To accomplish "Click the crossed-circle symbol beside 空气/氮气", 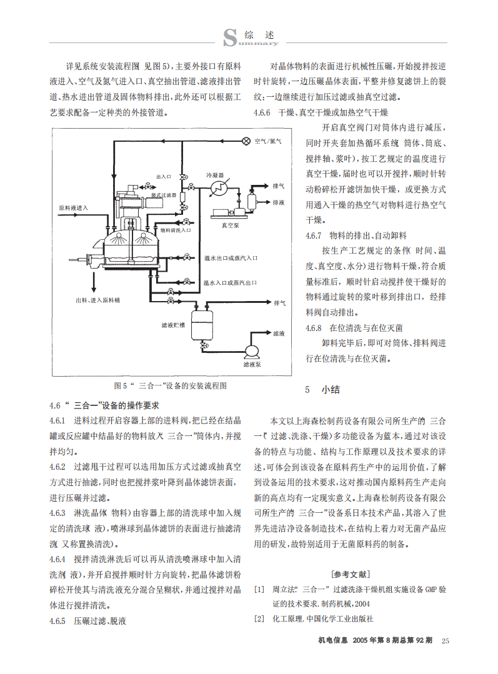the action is pyautogui.click(x=246, y=141).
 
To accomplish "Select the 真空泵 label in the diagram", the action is pyautogui.click(x=230, y=225).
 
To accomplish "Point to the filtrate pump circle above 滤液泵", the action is pyautogui.click(x=252, y=351).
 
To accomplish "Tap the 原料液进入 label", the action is pyautogui.click(x=73, y=208).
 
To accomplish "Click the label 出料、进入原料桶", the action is pyautogui.click(x=97, y=300).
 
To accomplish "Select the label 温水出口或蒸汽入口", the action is pyautogui.click(x=231, y=258).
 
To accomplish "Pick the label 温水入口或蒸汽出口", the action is pyautogui.click(x=230, y=282).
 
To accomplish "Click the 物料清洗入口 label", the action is pyautogui.click(x=176, y=230).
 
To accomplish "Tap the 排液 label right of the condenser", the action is pyautogui.click(x=279, y=202).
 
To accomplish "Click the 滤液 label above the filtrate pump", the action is pyautogui.click(x=279, y=333).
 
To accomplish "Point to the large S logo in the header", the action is pyautogui.click(x=230, y=37).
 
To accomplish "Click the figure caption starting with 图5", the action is pyautogui.click(x=171, y=385).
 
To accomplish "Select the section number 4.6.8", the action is pyautogui.click(x=314, y=328).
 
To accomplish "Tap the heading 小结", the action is pyautogui.click(x=331, y=389).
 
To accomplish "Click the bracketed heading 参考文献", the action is pyautogui.click(x=350, y=574).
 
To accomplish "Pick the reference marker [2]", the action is pyautogui.click(x=259, y=618).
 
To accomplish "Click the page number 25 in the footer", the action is pyautogui.click(x=445, y=640).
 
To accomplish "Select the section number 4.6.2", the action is pyautogui.click(x=57, y=467).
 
